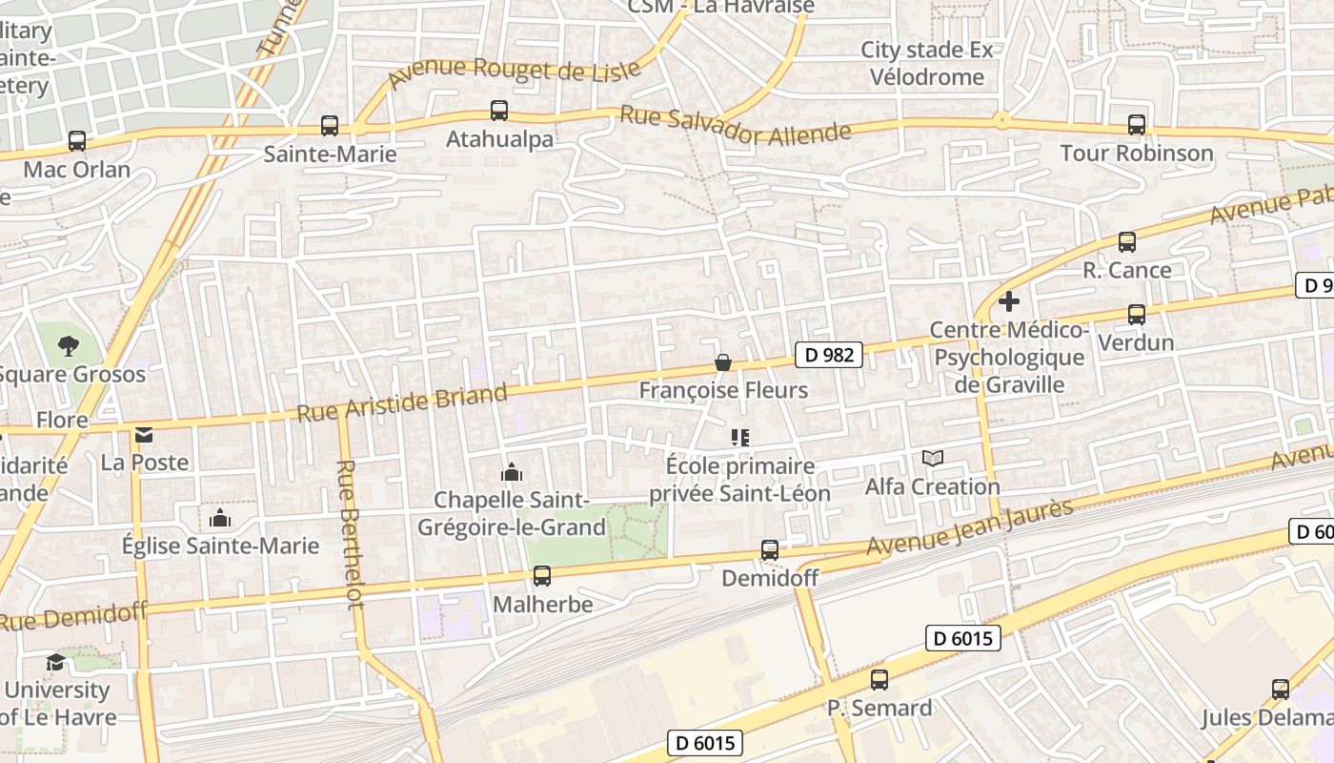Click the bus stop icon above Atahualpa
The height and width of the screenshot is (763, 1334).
(x=499, y=110)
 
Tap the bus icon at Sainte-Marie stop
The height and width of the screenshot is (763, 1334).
(x=330, y=125)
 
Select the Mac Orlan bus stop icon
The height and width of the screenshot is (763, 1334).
(x=77, y=141)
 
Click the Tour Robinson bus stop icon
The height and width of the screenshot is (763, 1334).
(x=1136, y=124)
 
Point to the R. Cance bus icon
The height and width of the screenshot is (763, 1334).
(x=1127, y=242)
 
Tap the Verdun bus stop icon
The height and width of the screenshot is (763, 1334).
(x=1136, y=314)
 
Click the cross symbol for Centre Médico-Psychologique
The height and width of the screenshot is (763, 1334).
(x=1009, y=302)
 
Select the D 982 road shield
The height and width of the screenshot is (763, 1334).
(x=828, y=355)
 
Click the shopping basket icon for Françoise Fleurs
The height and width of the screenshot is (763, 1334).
(x=723, y=362)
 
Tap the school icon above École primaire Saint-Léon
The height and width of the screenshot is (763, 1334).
(x=740, y=438)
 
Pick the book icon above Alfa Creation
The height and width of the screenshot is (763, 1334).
(x=933, y=459)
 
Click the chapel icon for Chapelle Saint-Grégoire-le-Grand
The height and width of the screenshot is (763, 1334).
(x=512, y=472)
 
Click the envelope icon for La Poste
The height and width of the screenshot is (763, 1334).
(x=144, y=435)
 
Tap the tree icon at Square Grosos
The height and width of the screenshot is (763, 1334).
(x=68, y=346)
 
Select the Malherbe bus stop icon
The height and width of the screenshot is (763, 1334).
(x=542, y=576)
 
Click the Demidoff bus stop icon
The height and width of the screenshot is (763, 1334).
(x=770, y=550)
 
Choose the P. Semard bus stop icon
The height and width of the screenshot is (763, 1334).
(x=879, y=680)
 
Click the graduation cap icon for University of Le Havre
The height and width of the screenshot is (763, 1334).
(x=55, y=662)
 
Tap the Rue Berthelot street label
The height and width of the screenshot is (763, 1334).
(x=350, y=534)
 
